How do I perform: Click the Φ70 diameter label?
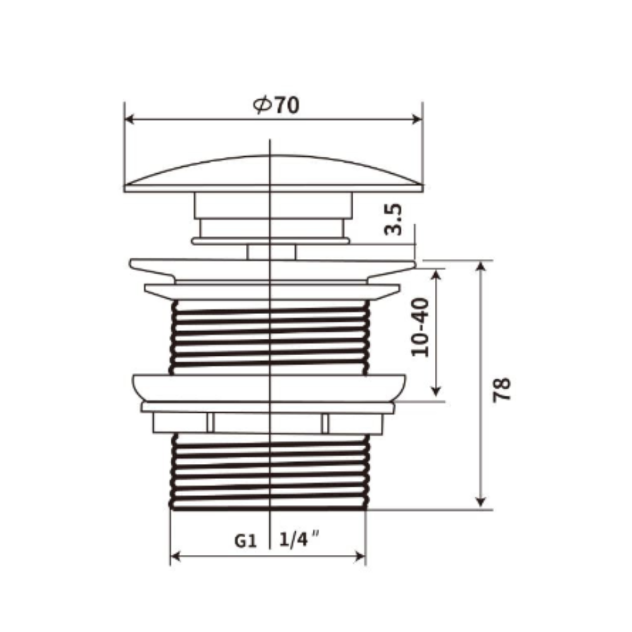276,106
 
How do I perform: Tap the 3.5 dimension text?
393,219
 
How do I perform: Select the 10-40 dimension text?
420,327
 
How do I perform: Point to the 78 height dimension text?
502,390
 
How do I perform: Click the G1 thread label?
245,540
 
